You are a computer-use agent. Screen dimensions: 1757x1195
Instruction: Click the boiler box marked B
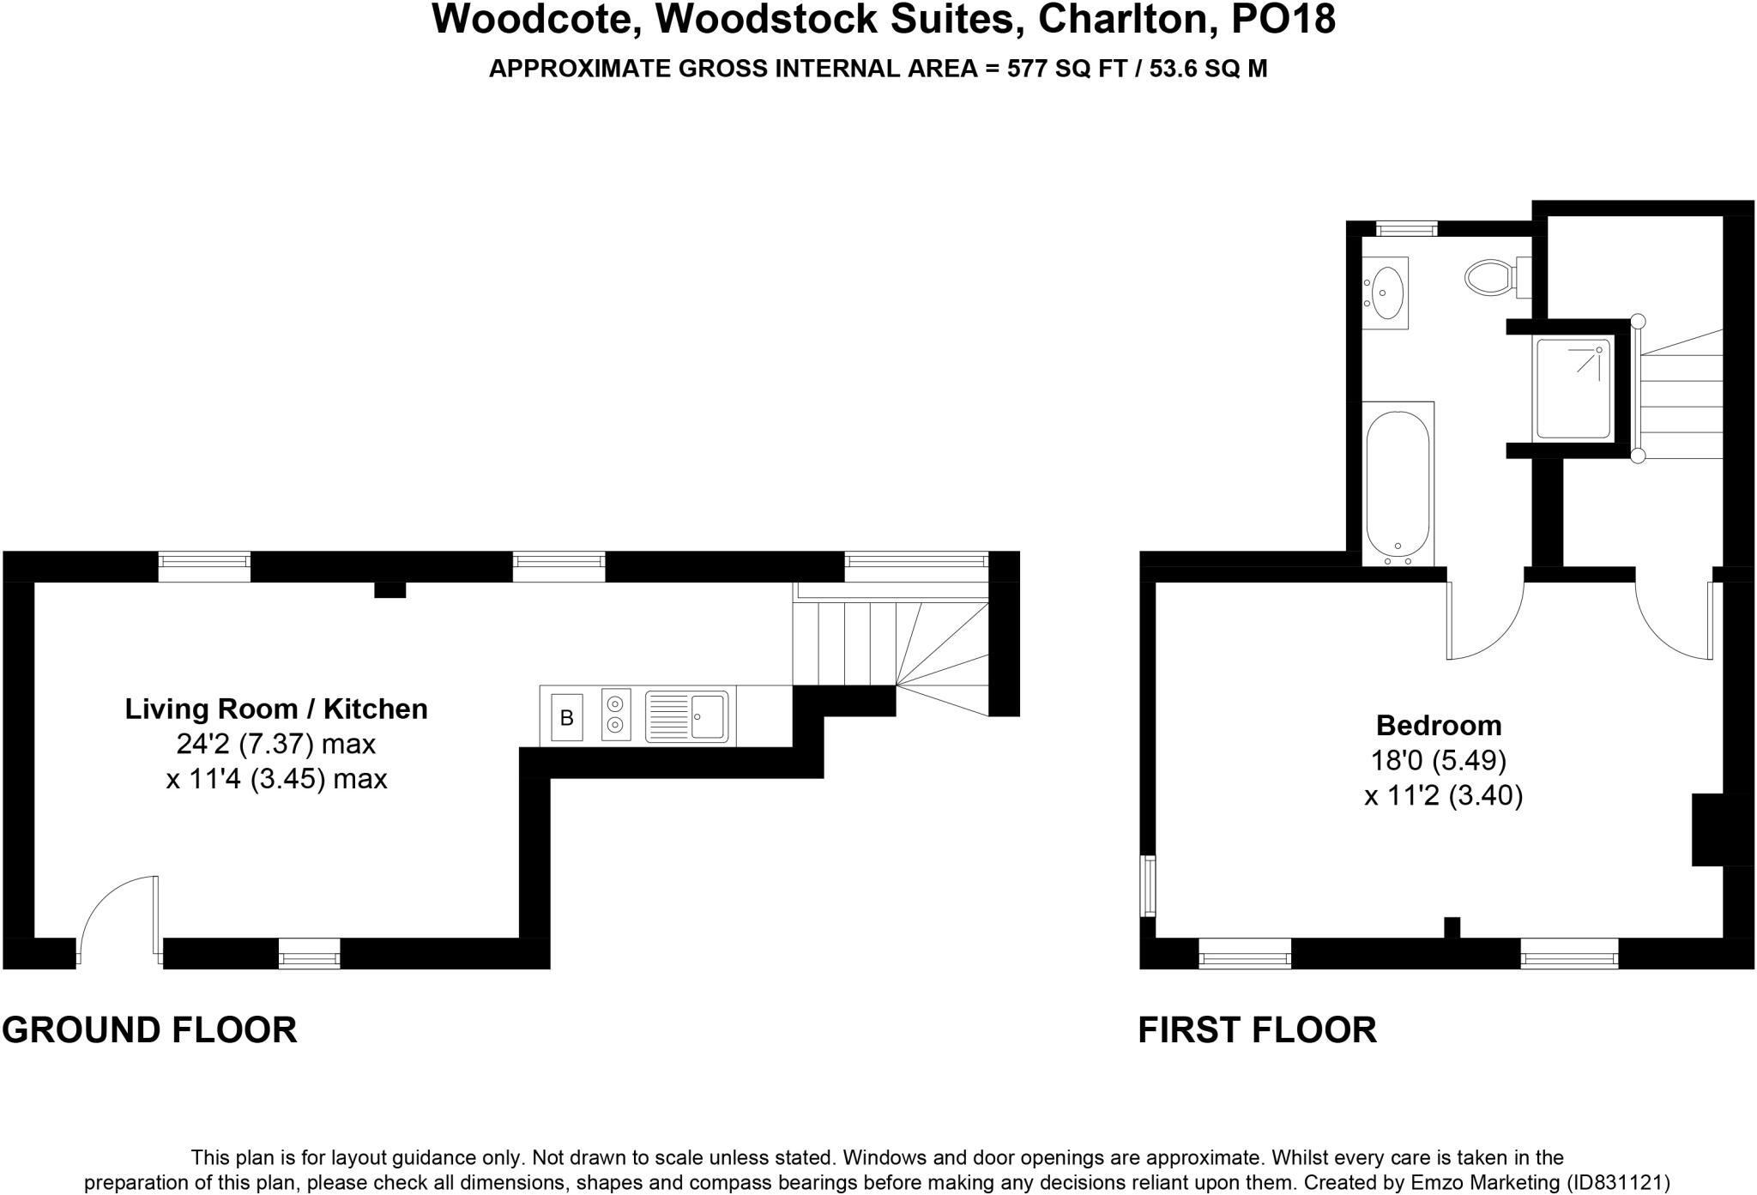566,717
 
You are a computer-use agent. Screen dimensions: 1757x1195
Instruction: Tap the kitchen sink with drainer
686,716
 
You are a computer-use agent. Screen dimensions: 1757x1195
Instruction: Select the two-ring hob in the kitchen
616,715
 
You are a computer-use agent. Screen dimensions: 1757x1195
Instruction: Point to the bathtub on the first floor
1398,485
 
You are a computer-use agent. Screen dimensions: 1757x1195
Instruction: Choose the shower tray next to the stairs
1573,389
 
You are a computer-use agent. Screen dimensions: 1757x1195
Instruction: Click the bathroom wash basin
1385,293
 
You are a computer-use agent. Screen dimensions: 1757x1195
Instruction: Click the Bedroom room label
1439,726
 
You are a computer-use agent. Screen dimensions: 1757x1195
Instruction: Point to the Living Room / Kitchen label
276,709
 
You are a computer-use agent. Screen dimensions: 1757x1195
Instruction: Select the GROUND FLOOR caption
149,1029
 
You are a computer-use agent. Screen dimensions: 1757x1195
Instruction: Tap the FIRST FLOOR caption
1257,1029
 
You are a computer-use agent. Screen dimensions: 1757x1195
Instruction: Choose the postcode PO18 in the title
1283,21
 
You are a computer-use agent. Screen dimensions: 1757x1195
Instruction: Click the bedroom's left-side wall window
1147,885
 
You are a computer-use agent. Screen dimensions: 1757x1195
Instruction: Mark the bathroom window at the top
1406,228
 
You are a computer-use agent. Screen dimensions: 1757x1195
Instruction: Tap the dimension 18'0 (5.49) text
1439,761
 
